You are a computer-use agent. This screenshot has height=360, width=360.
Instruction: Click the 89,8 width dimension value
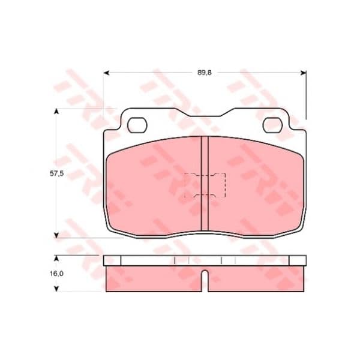click(205, 73)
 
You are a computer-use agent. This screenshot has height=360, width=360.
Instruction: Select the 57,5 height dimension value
click(56, 173)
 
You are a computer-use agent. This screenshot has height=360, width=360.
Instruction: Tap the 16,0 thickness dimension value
click(56, 274)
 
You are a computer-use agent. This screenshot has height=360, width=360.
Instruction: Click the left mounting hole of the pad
click(137, 125)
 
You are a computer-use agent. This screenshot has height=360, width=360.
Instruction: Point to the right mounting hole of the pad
click(272, 125)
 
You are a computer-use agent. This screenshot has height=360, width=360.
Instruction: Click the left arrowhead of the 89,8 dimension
click(106, 73)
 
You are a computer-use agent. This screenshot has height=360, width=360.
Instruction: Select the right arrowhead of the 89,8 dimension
click(303, 73)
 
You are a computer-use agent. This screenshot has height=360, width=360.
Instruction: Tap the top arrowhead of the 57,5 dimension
click(56, 112)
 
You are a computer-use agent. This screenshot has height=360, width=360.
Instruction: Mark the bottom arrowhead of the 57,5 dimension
click(56, 235)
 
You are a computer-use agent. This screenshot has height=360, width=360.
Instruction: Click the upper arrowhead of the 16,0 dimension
click(56, 258)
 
